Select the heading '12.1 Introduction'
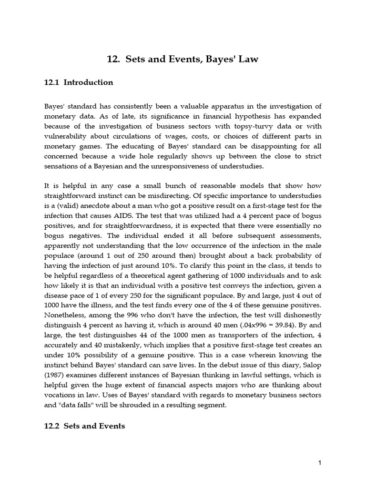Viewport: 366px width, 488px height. tap(79, 82)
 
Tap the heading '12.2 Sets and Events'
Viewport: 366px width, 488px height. tap(85, 426)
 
